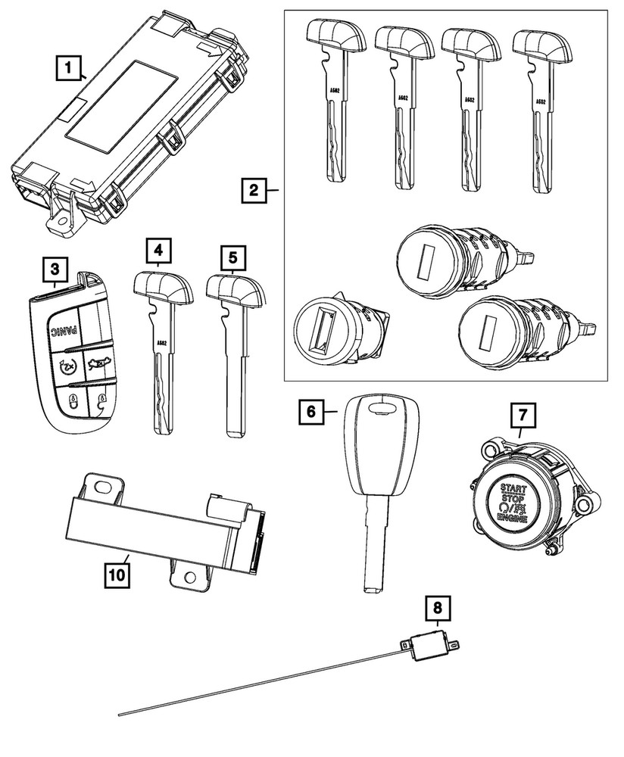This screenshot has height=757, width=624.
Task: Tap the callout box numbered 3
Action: [x=54, y=268]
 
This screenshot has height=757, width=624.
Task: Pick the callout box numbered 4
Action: [x=159, y=249]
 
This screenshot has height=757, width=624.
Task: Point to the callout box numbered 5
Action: [x=233, y=257]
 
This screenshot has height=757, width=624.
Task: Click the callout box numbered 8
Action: [x=436, y=606]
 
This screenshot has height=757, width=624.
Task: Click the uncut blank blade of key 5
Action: [x=236, y=386]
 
